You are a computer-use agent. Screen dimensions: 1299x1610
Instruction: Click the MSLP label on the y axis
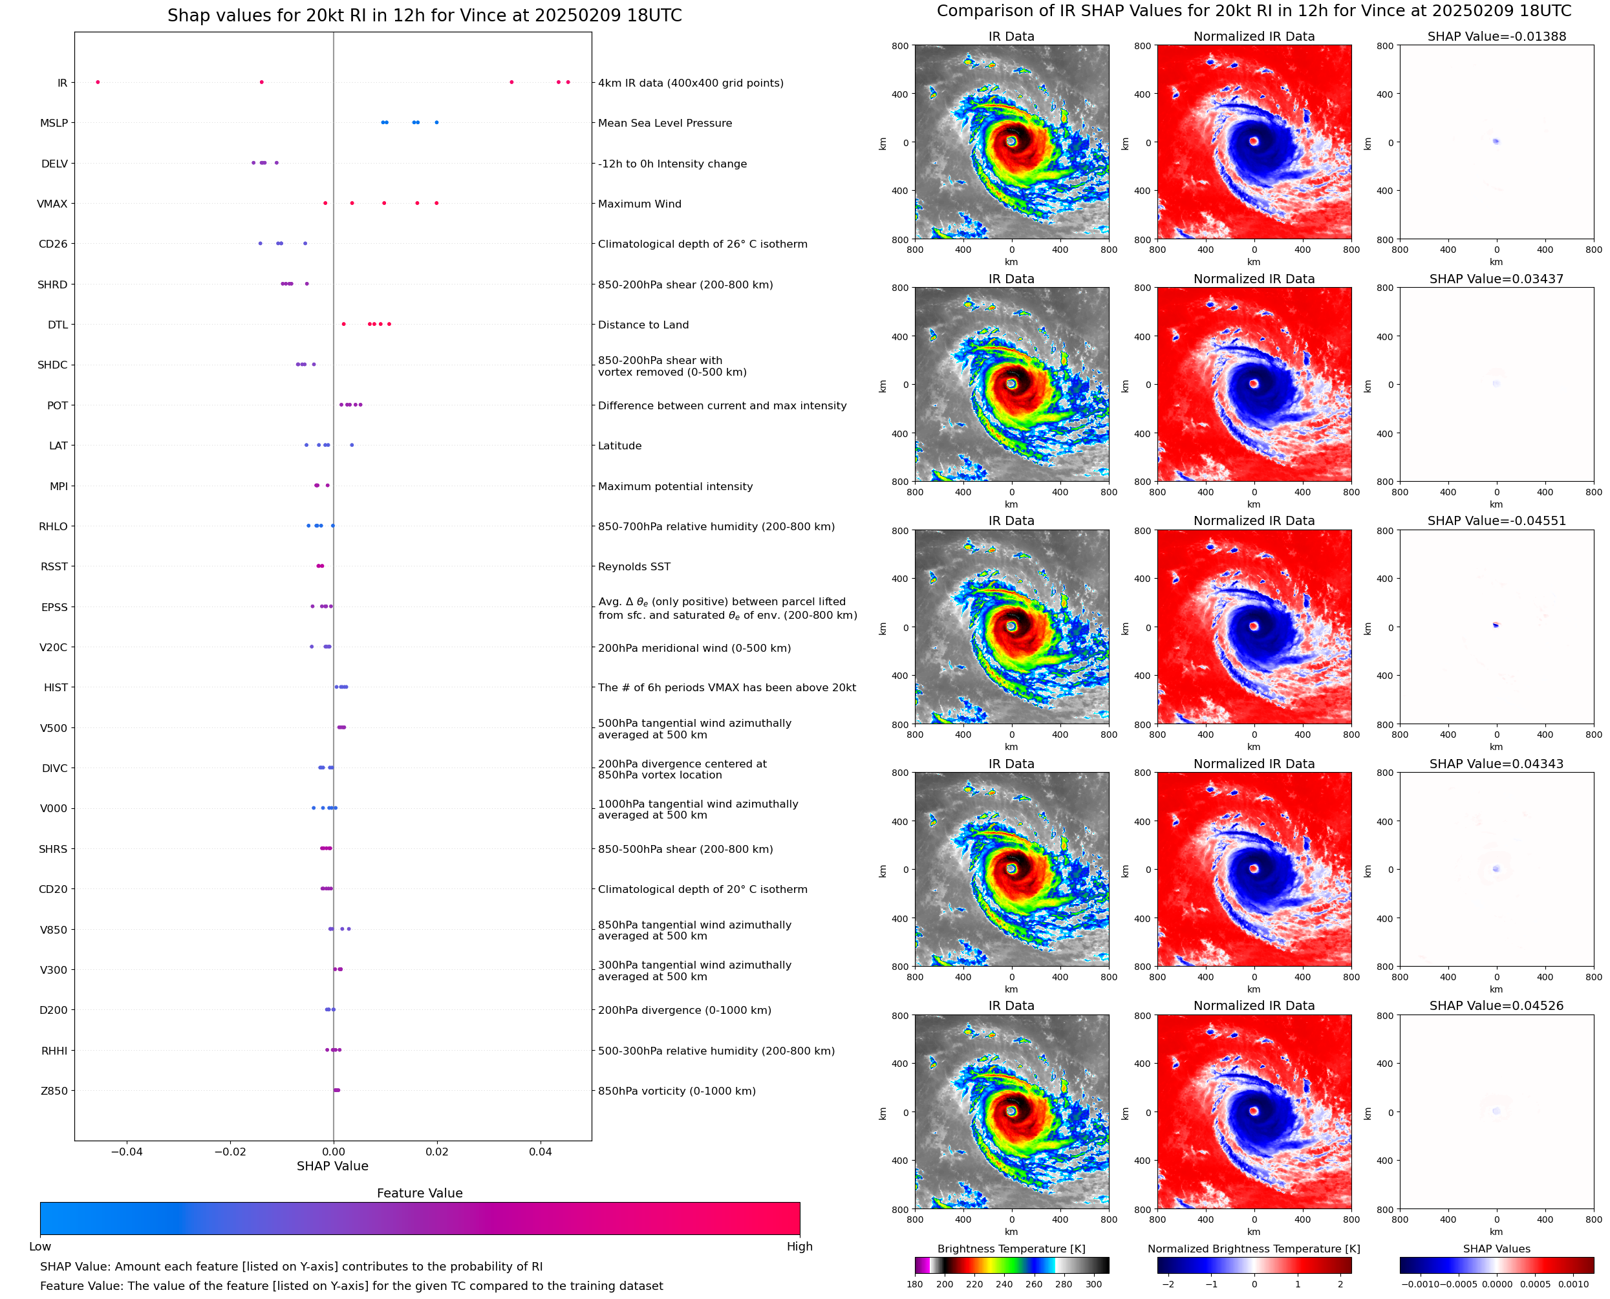tap(54, 123)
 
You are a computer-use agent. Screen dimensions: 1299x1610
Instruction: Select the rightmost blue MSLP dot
tap(436, 123)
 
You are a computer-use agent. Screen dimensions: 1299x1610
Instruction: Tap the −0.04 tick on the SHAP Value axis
tap(127, 1152)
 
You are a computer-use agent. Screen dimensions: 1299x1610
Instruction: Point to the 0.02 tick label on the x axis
tap(437, 1152)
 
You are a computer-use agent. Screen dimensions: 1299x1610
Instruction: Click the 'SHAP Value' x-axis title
tap(332, 1166)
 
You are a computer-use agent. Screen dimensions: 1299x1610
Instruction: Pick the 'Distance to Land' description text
tap(643, 325)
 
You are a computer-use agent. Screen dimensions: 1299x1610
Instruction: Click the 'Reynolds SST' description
tap(634, 566)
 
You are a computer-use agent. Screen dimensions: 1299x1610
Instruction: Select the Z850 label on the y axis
tap(54, 1091)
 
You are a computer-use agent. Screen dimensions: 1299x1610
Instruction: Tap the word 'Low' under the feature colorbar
tap(39, 1247)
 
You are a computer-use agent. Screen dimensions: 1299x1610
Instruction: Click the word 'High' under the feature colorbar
tap(799, 1247)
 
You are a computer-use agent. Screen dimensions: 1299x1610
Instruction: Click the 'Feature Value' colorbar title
tap(420, 1194)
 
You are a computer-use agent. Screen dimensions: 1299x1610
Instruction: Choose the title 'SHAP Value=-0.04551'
tap(1496, 521)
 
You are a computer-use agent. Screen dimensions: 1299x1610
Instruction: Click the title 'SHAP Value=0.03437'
tap(1496, 279)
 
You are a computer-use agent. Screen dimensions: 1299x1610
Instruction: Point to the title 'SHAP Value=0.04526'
tap(1496, 1005)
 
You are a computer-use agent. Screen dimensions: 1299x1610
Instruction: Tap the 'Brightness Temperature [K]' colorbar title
tap(1011, 1249)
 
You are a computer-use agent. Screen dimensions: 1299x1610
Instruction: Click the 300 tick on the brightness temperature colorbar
tap(1094, 1284)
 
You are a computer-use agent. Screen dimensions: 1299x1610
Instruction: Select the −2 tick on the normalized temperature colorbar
tap(1168, 1284)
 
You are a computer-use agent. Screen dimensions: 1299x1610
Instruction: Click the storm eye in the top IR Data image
tap(1011, 141)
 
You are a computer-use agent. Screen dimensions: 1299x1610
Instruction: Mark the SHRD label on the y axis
tap(52, 285)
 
